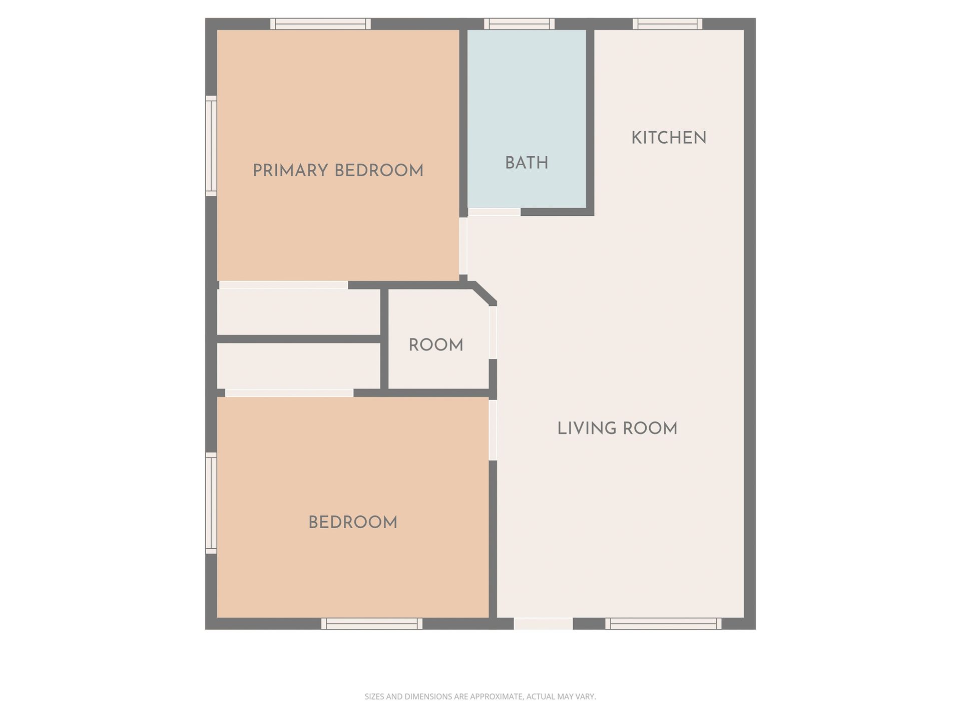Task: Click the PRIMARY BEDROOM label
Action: [x=338, y=171]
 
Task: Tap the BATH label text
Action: [x=527, y=163]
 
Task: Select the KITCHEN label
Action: [x=669, y=138]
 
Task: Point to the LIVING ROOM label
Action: [x=617, y=429]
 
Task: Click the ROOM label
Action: [x=435, y=345]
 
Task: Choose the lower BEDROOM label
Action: [x=352, y=523]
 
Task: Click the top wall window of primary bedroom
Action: [x=320, y=24]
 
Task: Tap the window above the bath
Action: [x=520, y=24]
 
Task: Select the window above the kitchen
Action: [x=667, y=24]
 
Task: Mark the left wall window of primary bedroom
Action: [x=211, y=146]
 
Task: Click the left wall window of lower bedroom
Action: [x=211, y=503]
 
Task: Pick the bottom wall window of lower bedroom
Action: [x=371, y=623]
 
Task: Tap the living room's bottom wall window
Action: [x=663, y=623]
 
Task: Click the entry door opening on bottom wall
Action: [x=543, y=623]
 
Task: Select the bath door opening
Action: [x=494, y=212]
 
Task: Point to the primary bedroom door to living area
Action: [x=463, y=245]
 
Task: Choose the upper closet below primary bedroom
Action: [x=298, y=312]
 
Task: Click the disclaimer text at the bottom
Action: [x=480, y=696]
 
